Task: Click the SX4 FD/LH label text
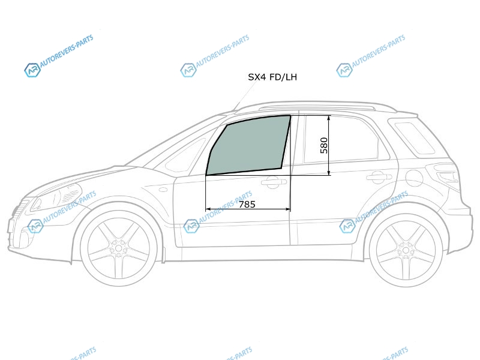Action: click(272, 77)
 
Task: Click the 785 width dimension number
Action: click(247, 204)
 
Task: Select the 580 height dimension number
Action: click(323, 145)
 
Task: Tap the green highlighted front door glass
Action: click(248, 145)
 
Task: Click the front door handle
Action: click(274, 182)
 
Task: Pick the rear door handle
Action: click(379, 176)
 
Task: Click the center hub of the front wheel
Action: click(118, 248)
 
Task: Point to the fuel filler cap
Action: click(414, 178)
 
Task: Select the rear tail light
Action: click(446, 175)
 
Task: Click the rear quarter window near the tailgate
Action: click(414, 138)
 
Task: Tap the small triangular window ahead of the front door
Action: click(187, 155)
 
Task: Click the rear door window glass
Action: click(342, 139)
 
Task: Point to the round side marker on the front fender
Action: click(164, 190)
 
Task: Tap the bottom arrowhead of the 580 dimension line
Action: click(329, 172)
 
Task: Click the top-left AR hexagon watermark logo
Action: click(32, 70)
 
